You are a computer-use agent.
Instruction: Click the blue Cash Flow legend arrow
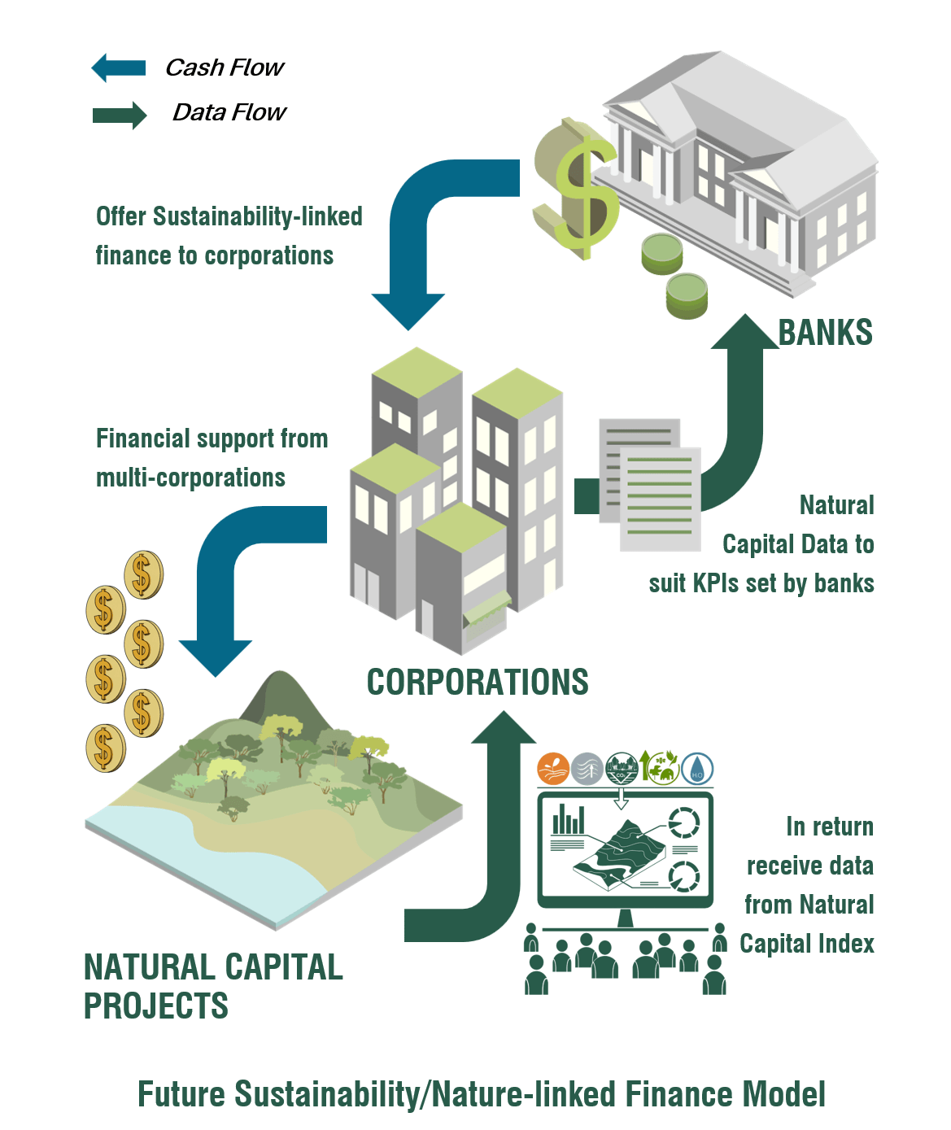tap(119, 68)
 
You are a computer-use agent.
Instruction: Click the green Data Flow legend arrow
tap(120, 116)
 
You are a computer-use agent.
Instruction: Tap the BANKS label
tap(825, 332)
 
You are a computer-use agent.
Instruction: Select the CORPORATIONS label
tap(478, 682)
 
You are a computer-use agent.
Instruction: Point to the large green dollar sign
tap(577, 190)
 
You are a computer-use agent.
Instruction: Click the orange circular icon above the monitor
tap(552, 769)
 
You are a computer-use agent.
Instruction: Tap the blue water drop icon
tap(697, 769)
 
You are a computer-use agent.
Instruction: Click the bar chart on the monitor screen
tap(569, 819)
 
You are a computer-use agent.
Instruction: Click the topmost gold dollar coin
tap(143, 574)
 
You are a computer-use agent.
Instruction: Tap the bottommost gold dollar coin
tap(106, 748)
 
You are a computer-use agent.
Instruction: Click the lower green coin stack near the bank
tap(687, 295)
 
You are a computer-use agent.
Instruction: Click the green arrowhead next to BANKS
tap(745, 331)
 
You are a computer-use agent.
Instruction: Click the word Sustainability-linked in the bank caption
tap(258, 217)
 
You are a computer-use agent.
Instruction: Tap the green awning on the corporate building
tap(486, 606)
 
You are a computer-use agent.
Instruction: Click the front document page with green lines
tap(661, 499)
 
